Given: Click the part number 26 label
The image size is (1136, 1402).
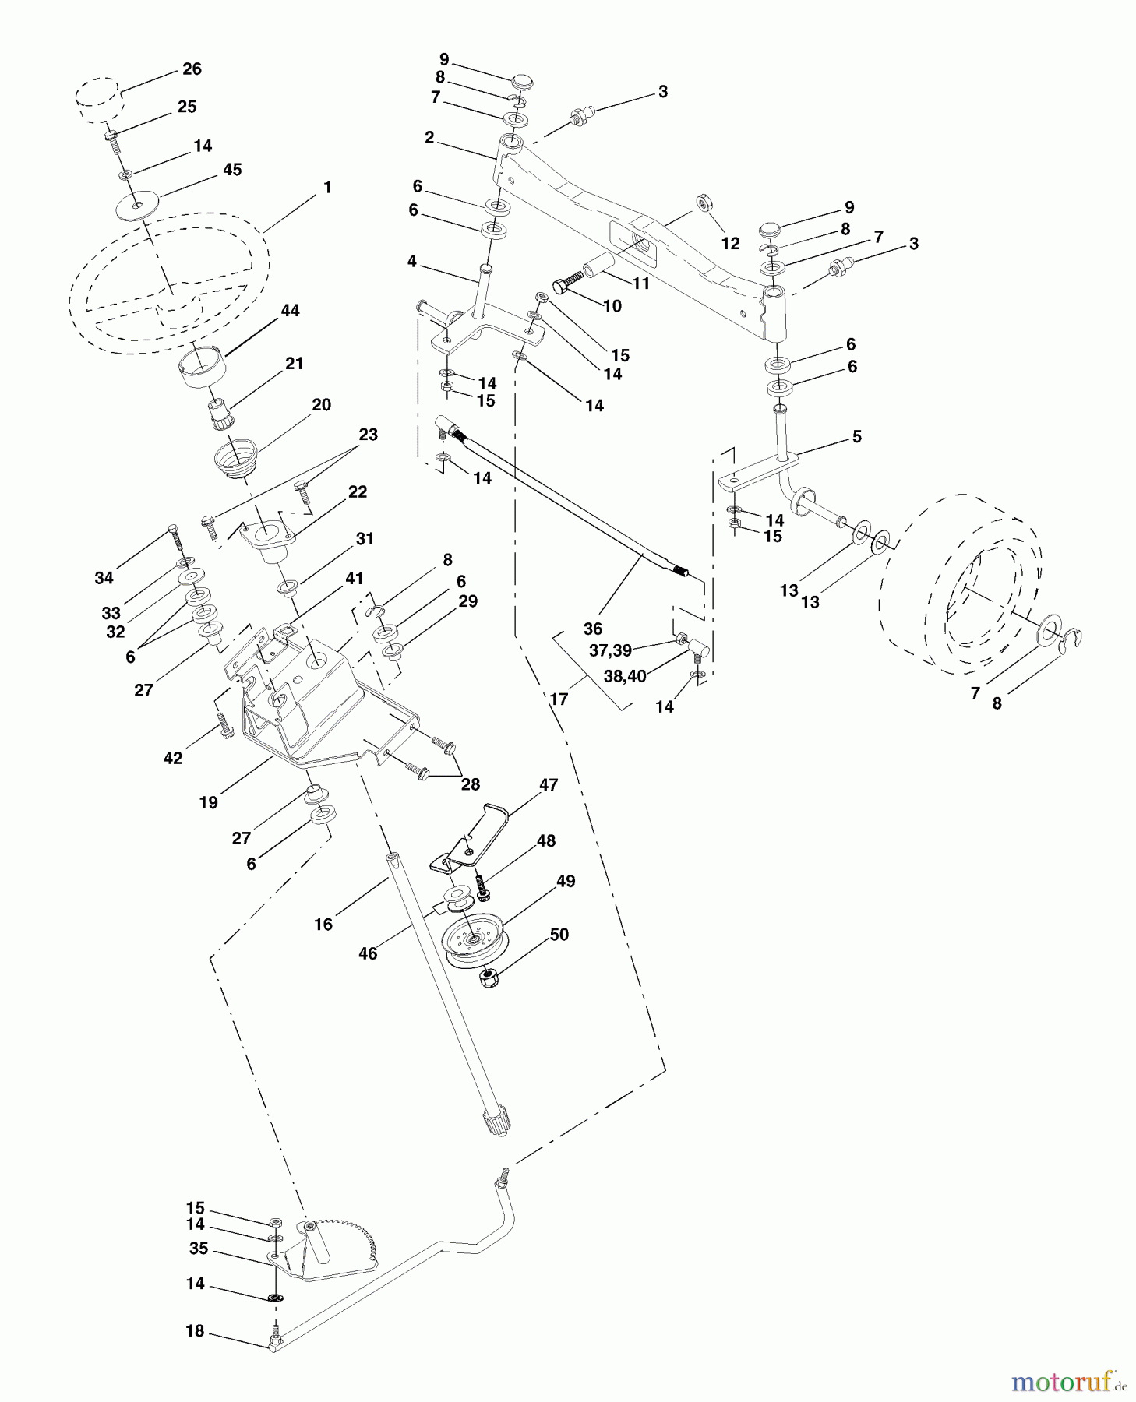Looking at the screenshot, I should [192, 69].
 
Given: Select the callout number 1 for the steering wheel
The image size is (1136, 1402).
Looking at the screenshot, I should [327, 187].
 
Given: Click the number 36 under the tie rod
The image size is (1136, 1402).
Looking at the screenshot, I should [593, 628].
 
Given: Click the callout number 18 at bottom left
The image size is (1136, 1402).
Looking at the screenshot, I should [195, 1331].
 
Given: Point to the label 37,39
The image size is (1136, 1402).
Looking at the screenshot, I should [610, 650].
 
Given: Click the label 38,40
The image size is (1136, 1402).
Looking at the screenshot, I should [625, 676].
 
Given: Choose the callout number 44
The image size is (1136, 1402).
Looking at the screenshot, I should [290, 310].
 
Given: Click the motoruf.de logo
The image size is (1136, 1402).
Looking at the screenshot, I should [1067, 1382].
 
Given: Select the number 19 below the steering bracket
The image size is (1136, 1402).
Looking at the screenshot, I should [208, 802].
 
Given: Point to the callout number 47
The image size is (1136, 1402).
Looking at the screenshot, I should [549, 784].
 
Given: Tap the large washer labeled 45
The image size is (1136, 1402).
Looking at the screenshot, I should [137, 206].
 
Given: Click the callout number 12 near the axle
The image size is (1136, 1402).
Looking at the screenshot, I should [730, 244].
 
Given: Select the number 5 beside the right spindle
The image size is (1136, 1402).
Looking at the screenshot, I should [857, 436].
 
